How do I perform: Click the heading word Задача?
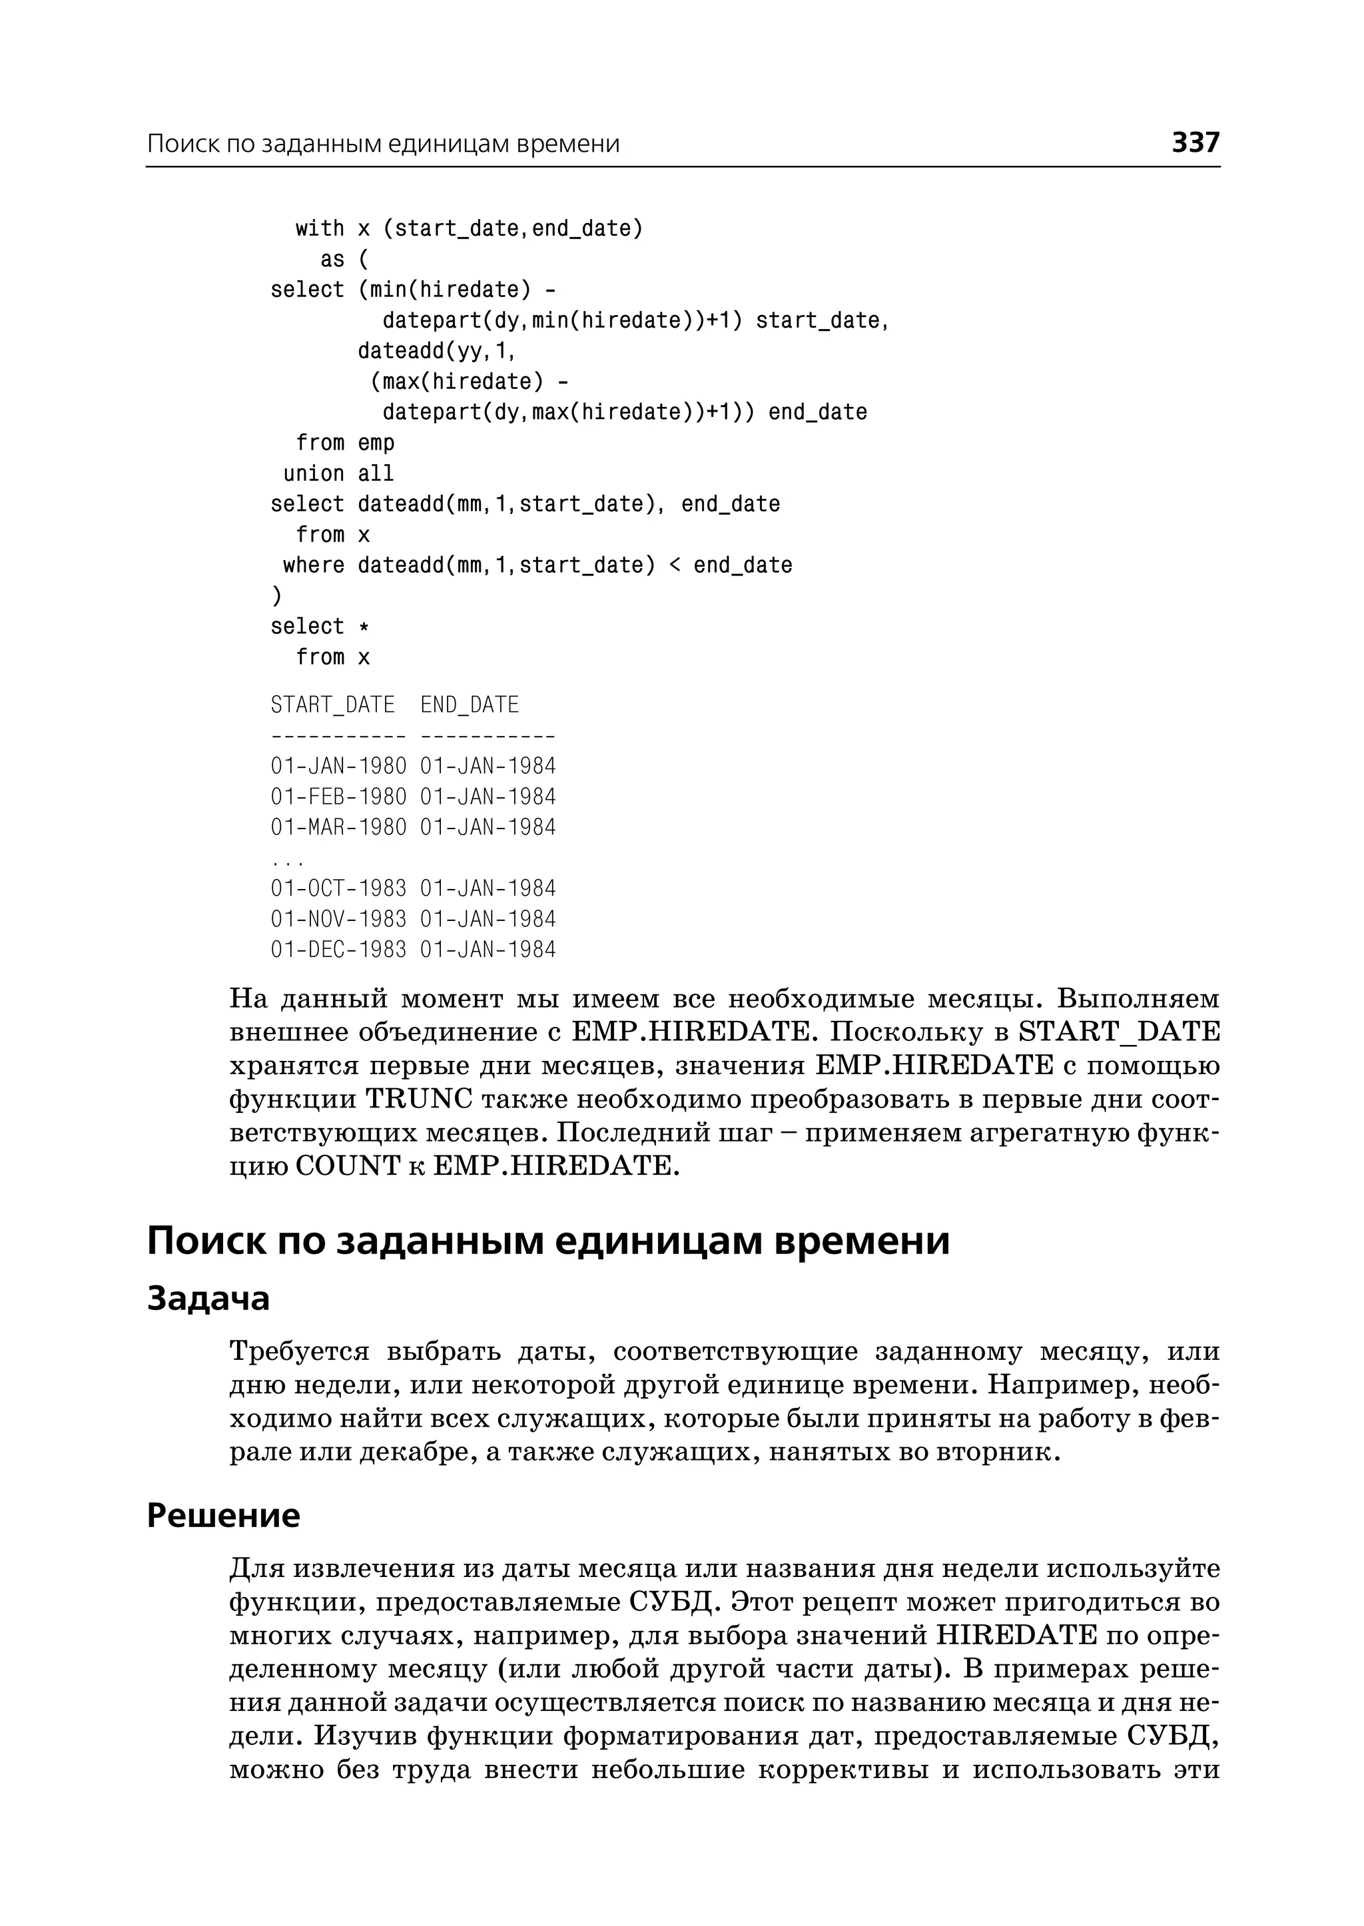click(x=208, y=1299)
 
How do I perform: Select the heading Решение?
click(x=223, y=1514)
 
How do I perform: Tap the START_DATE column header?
click(x=332, y=705)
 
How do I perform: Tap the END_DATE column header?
click(x=470, y=705)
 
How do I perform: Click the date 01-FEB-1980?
click(x=338, y=797)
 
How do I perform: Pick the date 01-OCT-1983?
click(x=338, y=888)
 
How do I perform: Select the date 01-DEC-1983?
click(x=338, y=949)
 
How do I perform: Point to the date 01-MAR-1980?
click(x=338, y=826)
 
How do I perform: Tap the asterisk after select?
click(x=364, y=627)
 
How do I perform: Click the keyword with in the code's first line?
click(x=320, y=228)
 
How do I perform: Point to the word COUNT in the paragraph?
click(x=348, y=1166)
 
